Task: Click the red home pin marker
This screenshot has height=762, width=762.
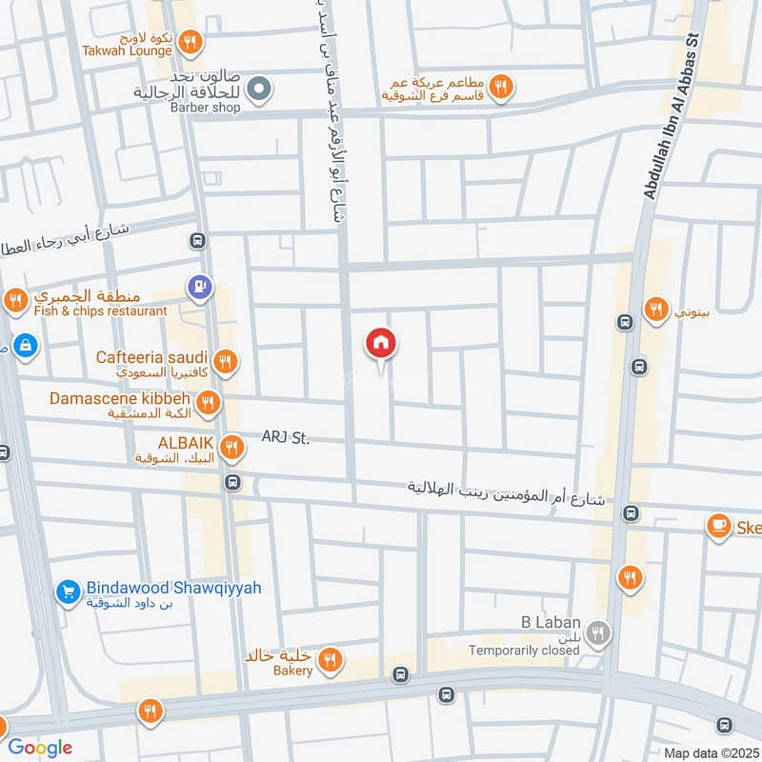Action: (381, 345)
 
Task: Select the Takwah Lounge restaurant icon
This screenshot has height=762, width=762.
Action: (190, 42)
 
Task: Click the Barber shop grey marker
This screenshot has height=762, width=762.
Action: (257, 91)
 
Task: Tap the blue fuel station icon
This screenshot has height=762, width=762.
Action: (199, 286)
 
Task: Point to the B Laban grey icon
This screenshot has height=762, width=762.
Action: (598, 632)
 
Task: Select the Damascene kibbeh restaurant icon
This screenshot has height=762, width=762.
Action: (209, 404)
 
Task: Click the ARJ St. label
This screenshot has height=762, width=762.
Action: (286, 438)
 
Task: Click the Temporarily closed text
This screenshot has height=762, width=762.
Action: (524, 652)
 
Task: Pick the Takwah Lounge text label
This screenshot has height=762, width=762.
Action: (127, 50)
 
